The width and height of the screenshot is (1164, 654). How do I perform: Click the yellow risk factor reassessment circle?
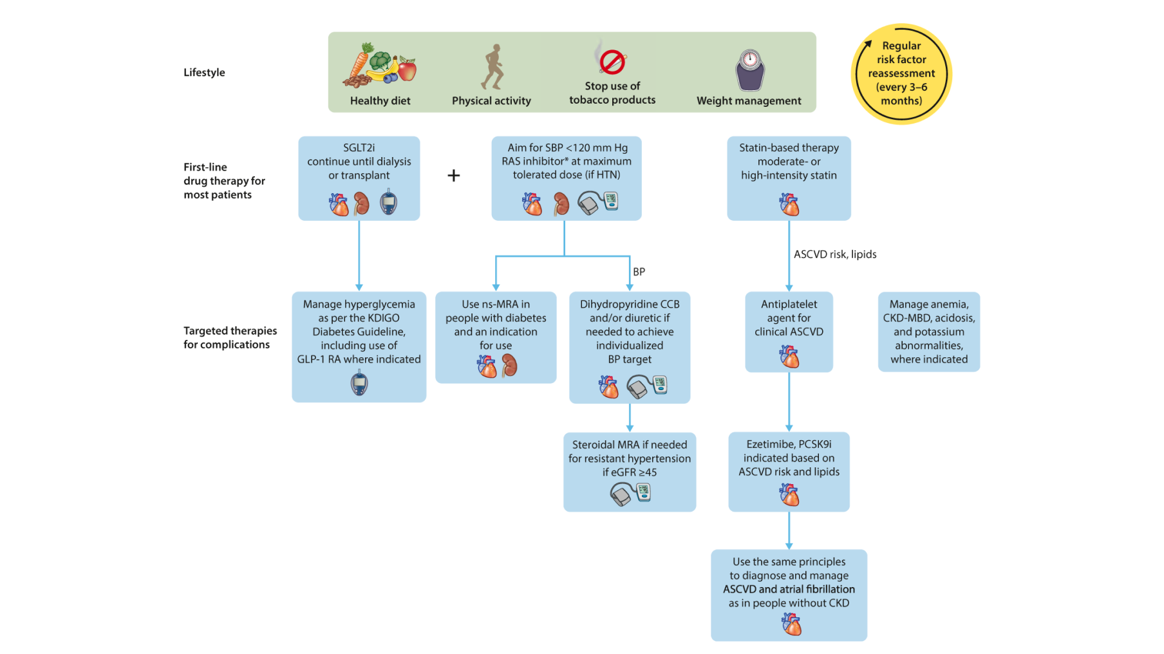click(901, 73)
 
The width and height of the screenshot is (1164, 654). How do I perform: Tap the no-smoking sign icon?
click(612, 62)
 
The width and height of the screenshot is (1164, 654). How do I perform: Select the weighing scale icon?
click(749, 70)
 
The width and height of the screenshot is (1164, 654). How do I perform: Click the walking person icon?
click(493, 67)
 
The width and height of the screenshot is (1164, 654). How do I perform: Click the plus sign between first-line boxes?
click(454, 175)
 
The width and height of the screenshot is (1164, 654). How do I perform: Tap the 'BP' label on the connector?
click(639, 272)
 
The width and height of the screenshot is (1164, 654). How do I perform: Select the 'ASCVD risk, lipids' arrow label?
click(835, 254)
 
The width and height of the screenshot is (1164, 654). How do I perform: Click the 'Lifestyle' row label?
click(204, 72)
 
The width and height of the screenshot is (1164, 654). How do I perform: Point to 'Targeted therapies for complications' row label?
click(230, 337)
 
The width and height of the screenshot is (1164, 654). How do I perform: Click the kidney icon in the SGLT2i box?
click(362, 203)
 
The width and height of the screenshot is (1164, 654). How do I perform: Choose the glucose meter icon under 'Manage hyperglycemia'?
click(359, 384)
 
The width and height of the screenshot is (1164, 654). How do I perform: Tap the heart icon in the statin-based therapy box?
click(789, 205)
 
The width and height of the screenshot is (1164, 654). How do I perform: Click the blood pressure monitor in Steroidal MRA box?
click(630, 494)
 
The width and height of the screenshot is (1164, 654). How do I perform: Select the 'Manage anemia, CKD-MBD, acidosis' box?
click(928, 332)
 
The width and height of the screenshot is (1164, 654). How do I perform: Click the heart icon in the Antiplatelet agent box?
click(789, 356)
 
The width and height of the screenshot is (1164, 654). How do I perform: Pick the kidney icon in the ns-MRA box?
click(510, 366)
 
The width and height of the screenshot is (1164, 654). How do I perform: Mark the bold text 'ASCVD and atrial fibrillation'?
click(789, 589)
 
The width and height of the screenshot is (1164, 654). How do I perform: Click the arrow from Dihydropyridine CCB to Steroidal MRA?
click(630, 418)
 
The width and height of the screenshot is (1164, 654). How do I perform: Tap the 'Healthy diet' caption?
click(380, 100)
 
